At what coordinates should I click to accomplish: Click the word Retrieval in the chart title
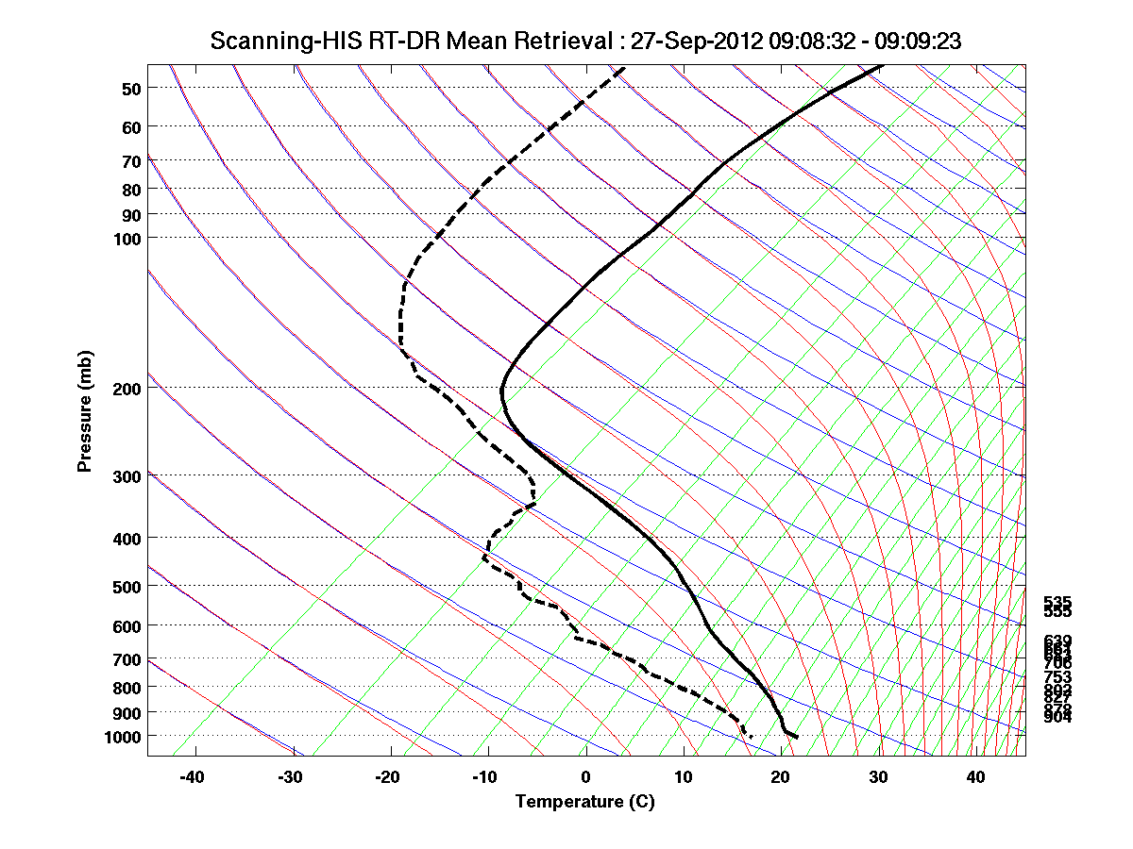tap(563, 42)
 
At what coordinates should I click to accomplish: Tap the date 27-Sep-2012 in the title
tap(685, 42)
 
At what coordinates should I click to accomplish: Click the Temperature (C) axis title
tap(584, 803)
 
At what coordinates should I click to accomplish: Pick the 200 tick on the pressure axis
tap(127, 389)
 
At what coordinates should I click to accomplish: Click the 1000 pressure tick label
tap(124, 736)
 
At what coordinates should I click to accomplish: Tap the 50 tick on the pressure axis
tap(131, 89)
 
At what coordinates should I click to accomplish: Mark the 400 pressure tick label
tap(127, 539)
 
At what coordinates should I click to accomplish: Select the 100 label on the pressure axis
tap(127, 239)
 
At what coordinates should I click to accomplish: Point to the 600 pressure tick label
tap(127, 626)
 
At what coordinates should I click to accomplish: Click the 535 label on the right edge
tap(1057, 601)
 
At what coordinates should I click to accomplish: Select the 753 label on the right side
tap(1057, 677)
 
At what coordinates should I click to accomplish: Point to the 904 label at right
tap(1057, 718)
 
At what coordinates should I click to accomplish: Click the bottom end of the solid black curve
tap(798, 736)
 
